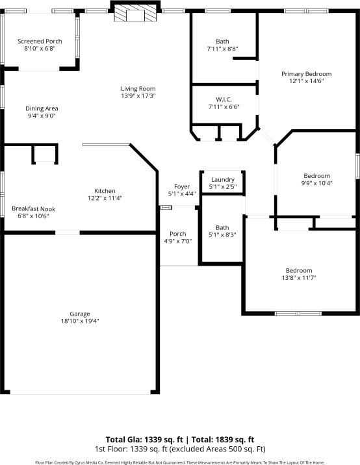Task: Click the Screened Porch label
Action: [40, 41]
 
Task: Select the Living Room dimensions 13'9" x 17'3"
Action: [138, 96]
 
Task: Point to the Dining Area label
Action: [42, 108]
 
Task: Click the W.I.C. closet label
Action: [224, 99]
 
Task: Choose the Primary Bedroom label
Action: [306, 74]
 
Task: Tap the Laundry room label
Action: [223, 180]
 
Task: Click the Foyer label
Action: [181, 186]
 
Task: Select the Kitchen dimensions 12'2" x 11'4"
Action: [105, 198]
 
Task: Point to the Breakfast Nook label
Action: [33, 208]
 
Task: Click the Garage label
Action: [80, 314]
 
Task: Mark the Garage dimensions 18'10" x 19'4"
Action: [80, 321]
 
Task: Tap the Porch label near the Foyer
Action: [178, 234]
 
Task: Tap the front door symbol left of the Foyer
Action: [166, 208]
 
